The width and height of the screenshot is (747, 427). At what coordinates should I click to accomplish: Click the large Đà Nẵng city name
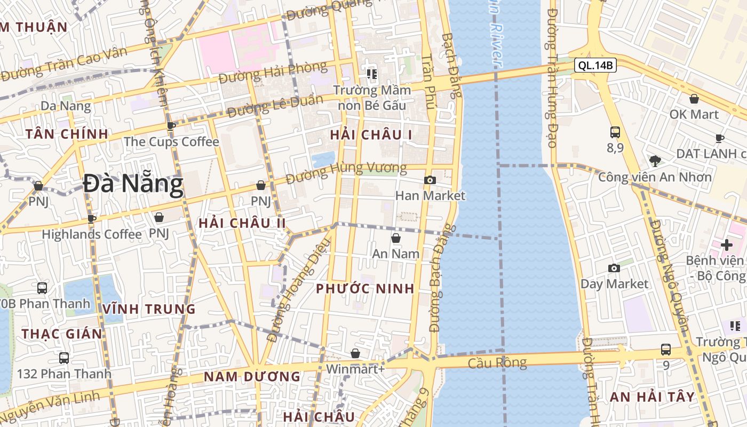pyautogui.click(x=133, y=184)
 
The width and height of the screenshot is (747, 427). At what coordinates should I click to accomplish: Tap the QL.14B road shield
pyautogui.click(x=595, y=66)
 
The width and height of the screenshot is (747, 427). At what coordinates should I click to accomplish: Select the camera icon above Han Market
pyautogui.click(x=430, y=180)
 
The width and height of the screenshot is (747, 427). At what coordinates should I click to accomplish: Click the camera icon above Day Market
pyautogui.click(x=614, y=268)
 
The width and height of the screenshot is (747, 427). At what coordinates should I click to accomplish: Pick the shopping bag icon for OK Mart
pyautogui.click(x=694, y=99)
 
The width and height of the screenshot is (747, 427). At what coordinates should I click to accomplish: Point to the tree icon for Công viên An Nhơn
pyautogui.click(x=655, y=161)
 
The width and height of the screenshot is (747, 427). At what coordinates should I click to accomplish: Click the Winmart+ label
pyautogui.click(x=355, y=369)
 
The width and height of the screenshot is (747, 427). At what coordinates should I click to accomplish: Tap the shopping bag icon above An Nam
pyautogui.click(x=396, y=238)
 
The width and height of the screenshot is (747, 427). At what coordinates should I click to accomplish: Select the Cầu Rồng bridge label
pyautogui.click(x=497, y=363)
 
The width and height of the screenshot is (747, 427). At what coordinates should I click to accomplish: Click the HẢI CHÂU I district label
pyautogui.click(x=371, y=135)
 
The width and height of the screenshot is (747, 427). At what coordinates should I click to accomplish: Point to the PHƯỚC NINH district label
pyautogui.click(x=365, y=289)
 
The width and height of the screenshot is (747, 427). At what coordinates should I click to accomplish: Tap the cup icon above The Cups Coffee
pyautogui.click(x=171, y=126)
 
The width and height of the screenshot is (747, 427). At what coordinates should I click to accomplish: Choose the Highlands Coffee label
pyautogui.click(x=92, y=234)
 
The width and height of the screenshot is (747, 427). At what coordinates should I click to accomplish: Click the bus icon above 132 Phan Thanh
pyautogui.click(x=64, y=358)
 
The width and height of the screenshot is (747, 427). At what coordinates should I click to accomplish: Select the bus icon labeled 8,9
pyautogui.click(x=615, y=132)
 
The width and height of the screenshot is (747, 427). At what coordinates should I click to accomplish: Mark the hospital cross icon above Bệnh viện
pyautogui.click(x=727, y=245)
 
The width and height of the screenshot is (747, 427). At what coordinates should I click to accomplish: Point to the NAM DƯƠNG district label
pyautogui.click(x=252, y=377)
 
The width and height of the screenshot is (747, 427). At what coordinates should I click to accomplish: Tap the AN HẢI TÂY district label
pyautogui.click(x=652, y=397)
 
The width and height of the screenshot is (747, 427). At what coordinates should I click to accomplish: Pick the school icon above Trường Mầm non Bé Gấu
pyautogui.click(x=371, y=74)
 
